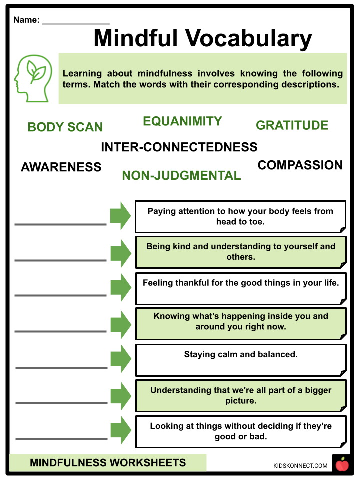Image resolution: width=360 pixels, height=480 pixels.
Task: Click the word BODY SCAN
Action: click(x=65, y=127)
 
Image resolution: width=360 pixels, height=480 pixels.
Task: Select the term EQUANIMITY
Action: click(x=182, y=121)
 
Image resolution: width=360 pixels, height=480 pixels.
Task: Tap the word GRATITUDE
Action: click(x=292, y=125)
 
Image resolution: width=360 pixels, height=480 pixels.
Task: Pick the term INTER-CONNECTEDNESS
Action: click(x=179, y=147)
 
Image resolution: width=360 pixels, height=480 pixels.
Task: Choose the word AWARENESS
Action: click(x=61, y=167)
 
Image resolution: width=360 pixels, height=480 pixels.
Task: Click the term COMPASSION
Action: click(x=300, y=165)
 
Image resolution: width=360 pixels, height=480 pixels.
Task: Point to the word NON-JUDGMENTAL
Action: click(x=181, y=176)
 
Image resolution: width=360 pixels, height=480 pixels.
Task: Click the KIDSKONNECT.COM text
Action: click(x=300, y=466)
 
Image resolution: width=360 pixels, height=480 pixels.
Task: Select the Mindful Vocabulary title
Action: click(x=202, y=38)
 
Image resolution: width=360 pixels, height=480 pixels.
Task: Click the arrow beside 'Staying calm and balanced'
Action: click(x=120, y=359)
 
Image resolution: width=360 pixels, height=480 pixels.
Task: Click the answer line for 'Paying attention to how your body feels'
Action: click(x=60, y=224)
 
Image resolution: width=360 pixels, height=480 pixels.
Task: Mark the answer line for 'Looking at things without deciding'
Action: click(x=61, y=439)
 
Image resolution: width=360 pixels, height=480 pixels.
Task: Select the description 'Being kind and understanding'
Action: click(x=240, y=252)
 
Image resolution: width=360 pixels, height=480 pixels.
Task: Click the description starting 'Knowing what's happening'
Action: click(x=240, y=321)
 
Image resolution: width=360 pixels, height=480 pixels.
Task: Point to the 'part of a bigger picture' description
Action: click(x=240, y=395)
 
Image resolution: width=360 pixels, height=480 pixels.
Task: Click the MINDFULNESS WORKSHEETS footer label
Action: click(x=108, y=463)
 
